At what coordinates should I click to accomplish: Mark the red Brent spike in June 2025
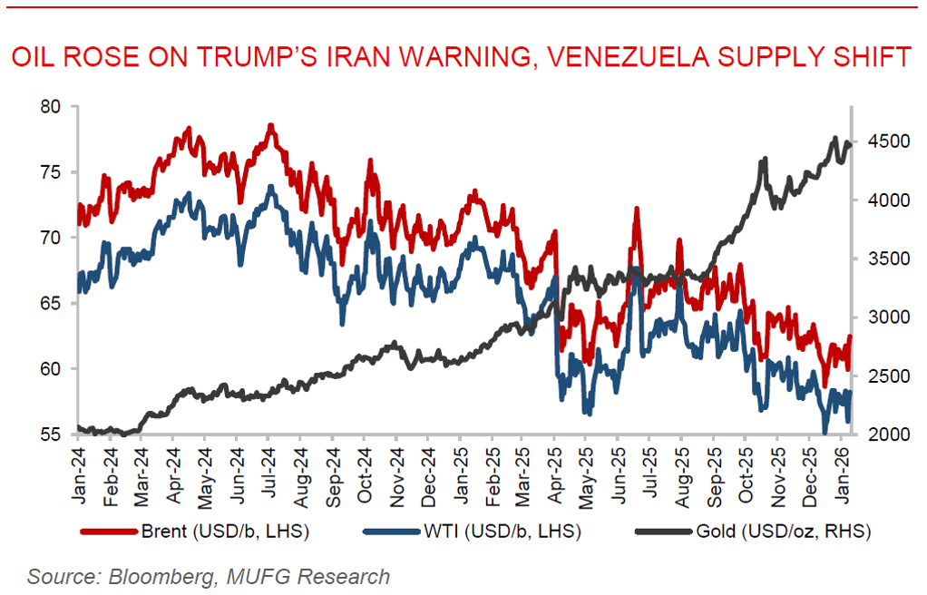tap(637, 210)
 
